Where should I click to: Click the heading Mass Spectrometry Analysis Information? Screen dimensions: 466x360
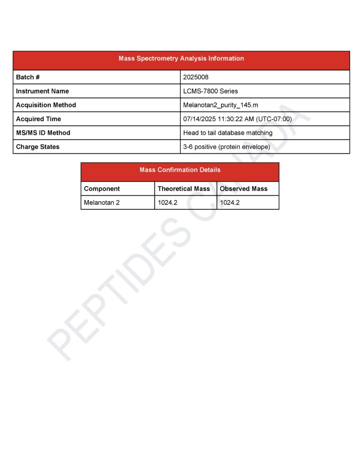pos(181,59)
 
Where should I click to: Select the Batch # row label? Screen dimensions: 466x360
pos(28,77)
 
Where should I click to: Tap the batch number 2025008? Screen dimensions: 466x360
pos(196,77)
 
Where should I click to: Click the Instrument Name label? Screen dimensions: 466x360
pos(42,91)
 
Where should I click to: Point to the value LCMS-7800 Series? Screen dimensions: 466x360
pos(210,91)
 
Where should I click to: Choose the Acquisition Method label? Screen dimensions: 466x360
pos(46,105)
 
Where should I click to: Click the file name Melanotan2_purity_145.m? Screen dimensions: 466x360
pos(220,105)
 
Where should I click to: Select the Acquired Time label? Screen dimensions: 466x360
pos(38,119)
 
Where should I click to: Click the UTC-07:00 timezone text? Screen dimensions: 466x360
pos(275,119)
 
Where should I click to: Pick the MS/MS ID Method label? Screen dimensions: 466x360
pos(43,133)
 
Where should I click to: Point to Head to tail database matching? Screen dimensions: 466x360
pos(228,133)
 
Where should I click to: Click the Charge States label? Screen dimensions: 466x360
pos(38,147)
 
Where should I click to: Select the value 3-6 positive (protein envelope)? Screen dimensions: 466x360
pos(226,147)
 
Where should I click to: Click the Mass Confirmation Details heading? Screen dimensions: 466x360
pos(180,170)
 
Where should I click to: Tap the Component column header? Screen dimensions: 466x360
pos(102,189)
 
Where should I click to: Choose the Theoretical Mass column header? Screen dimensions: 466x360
pos(184,189)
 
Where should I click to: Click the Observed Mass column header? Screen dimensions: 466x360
pos(243,189)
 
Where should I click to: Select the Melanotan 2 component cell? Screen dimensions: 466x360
pos(102,203)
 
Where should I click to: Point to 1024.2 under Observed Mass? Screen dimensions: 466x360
pos(229,203)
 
